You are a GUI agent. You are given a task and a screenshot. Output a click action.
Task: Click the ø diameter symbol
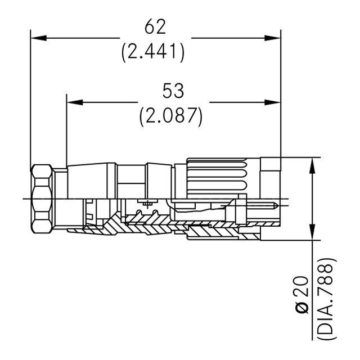[303, 308]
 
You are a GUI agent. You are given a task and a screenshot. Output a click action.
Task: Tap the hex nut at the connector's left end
[43, 199]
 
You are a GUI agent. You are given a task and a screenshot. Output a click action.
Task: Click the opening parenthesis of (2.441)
[125, 52]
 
